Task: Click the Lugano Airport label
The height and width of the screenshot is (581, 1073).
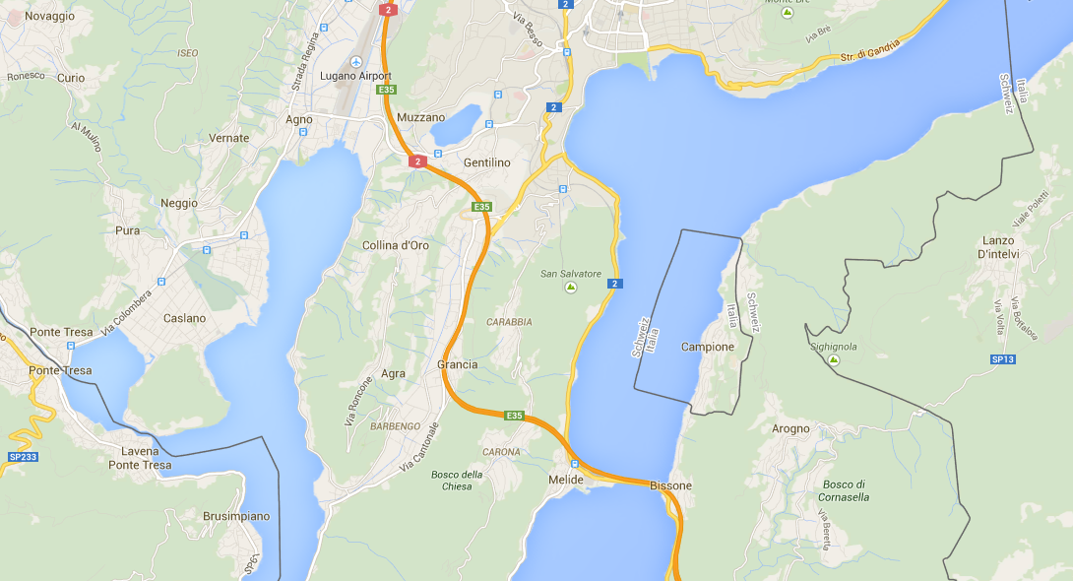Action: pyautogui.click(x=355, y=77)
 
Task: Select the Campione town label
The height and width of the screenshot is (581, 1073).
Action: pyautogui.click(x=708, y=348)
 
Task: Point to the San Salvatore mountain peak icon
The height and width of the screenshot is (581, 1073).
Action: pyautogui.click(x=570, y=288)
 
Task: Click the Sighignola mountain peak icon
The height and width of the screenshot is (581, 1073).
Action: pyautogui.click(x=833, y=360)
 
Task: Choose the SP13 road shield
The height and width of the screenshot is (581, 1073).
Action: pyautogui.click(x=1002, y=359)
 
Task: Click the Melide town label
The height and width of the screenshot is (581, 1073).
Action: pyautogui.click(x=566, y=480)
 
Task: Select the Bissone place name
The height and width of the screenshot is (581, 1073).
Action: pyautogui.click(x=670, y=486)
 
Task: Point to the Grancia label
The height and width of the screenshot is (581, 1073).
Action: pyautogui.click(x=457, y=364)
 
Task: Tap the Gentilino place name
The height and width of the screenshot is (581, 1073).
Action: pyautogui.click(x=486, y=162)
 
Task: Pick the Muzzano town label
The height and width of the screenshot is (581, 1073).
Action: pyautogui.click(x=420, y=118)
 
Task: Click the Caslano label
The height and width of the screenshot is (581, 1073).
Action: pyautogui.click(x=185, y=319)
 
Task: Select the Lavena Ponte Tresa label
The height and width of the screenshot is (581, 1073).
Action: pyautogui.click(x=140, y=458)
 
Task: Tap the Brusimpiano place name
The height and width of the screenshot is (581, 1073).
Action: pyautogui.click(x=235, y=516)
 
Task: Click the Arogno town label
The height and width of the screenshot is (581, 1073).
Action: pyautogui.click(x=790, y=429)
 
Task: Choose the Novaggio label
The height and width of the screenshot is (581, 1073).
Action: pyautogui.click(x=49, y=17)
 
